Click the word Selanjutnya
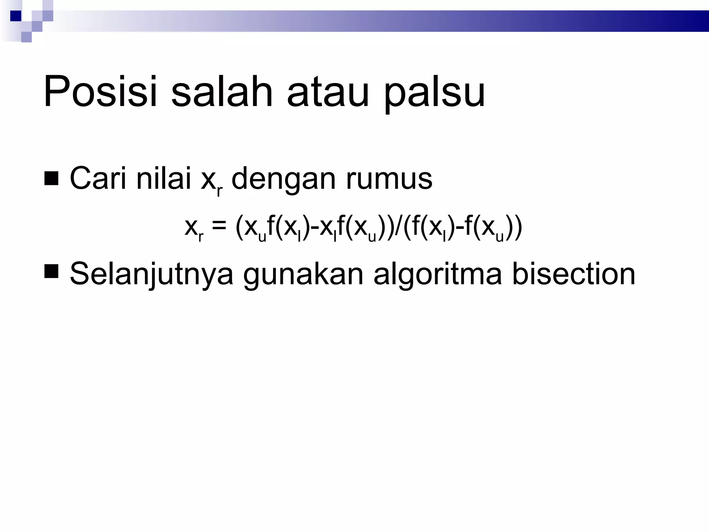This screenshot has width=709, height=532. [152, 275]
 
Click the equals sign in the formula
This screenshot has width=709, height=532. [219, 226]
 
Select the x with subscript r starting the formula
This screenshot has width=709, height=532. [194, 229]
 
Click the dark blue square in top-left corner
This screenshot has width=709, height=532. [16, 16]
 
